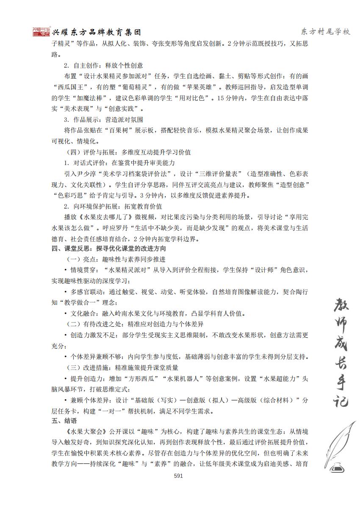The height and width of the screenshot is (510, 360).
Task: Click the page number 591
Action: (178, 476)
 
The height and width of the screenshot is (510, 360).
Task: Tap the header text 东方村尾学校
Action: (325, 32)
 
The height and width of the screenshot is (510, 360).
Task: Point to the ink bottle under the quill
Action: (337, 467)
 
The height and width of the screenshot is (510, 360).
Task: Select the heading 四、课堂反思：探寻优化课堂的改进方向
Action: (108, 248)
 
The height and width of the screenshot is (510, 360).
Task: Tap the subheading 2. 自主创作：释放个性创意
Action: (103, 66)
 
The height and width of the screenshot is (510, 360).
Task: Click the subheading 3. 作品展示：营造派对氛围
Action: (103, 120)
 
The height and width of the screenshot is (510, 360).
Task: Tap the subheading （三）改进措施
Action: (85, 367)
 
